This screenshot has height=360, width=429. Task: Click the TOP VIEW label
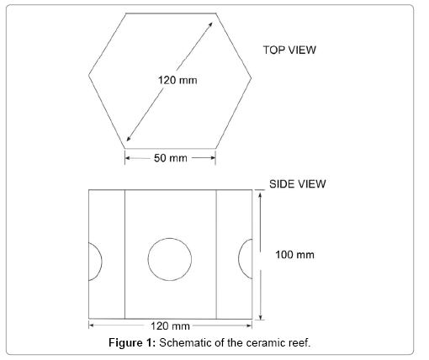click(289, 50)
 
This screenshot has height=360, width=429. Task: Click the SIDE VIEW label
click(298, 184)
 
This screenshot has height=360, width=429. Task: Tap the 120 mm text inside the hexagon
click(177, 80)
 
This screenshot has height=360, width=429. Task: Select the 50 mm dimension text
click(171, 158)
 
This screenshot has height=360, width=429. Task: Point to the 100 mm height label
click(294, 255)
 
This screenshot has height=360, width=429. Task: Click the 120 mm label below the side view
click(170, 326)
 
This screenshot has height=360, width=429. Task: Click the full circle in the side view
click(170, 238)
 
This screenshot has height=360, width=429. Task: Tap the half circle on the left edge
click(102, 262)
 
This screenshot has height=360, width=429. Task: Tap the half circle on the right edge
click(239, 258)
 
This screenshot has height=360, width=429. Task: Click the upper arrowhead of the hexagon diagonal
click(210, 24)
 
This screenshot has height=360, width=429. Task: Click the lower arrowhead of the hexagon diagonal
click(129, 138)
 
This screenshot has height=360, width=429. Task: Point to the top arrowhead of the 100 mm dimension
click(260, 194)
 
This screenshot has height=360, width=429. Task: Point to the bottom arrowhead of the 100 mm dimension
click(261, 317)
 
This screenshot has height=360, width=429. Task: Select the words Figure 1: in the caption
click(132, 342)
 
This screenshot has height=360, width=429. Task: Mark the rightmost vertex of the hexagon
click(252, 77)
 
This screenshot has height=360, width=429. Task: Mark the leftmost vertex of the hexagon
click(88, 75)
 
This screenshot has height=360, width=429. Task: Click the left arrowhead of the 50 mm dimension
click(128, 158)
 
